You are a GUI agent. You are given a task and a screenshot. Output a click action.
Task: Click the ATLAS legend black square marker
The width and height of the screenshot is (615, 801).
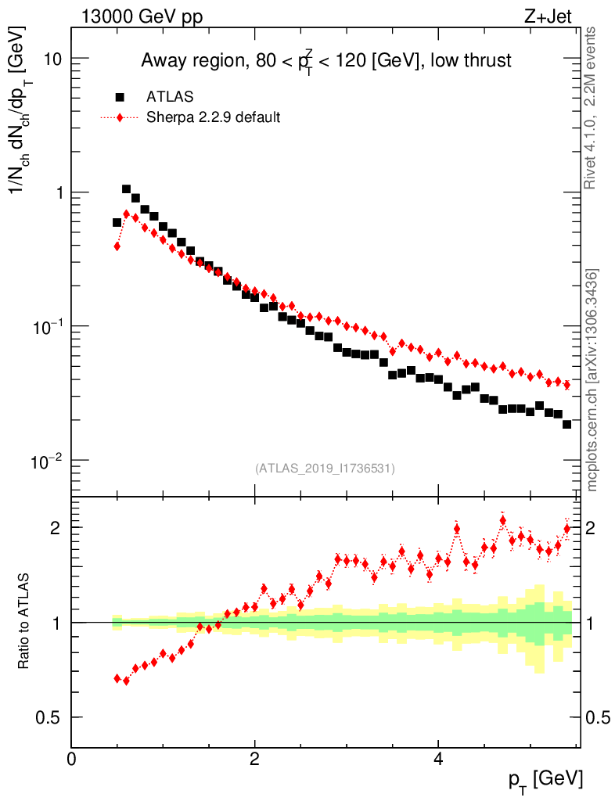120,97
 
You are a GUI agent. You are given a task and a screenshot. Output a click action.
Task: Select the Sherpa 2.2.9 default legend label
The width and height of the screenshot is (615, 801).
214,117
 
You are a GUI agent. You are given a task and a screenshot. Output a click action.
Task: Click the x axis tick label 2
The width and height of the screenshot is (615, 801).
255,759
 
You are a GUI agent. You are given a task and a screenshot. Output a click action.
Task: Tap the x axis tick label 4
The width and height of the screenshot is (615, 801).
438,759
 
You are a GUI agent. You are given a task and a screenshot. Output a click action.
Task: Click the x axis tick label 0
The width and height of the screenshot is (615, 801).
72,759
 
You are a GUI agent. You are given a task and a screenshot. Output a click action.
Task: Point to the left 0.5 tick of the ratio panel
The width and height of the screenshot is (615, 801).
54,717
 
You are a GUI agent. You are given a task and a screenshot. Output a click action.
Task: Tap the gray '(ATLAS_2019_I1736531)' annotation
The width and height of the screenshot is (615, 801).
325,469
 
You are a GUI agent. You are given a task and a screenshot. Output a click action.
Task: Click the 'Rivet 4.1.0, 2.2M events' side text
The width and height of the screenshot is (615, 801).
592,107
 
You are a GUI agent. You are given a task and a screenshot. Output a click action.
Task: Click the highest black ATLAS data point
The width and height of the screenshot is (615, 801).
126,189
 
